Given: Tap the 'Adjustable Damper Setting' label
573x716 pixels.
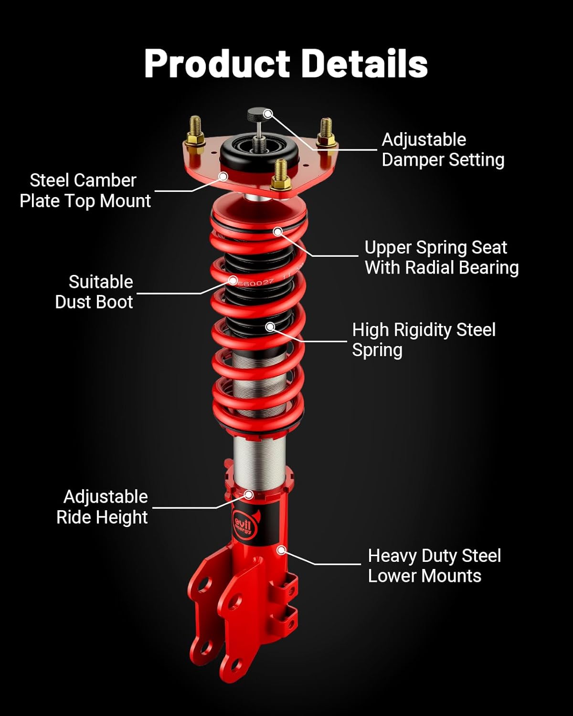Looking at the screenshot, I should [443, 150].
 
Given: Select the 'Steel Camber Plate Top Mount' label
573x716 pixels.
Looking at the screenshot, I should [85, 190].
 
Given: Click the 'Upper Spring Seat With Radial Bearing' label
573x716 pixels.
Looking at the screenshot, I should [441, 257].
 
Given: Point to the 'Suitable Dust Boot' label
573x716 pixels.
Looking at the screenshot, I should [94, 292].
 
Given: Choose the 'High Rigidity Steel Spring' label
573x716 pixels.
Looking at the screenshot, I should [424, 339].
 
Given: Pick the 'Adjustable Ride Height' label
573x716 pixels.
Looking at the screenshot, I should [102, 507].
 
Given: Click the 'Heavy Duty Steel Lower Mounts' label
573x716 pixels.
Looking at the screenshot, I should [434, 566].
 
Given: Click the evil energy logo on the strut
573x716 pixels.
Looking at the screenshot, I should [244, 525].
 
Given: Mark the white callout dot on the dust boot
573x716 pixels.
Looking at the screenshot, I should [233, 280].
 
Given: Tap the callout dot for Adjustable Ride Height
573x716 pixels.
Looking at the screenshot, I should [248, 495].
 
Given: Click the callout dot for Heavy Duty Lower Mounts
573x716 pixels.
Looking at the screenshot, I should [281, 550].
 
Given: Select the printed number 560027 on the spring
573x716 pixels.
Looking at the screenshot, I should [255, 283].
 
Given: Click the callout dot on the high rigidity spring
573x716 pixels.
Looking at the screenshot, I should [270, 327].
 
